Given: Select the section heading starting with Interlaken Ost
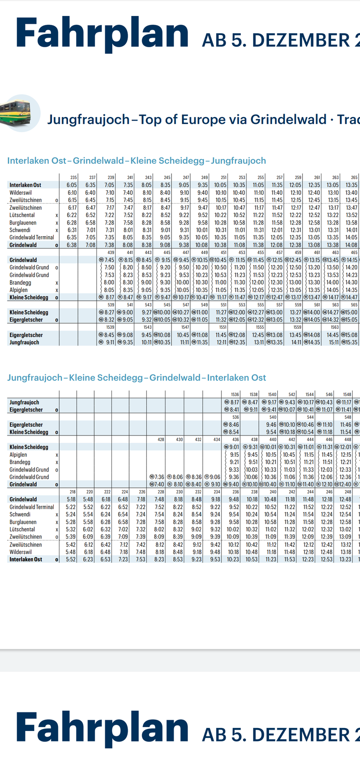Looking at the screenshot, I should click(x=136, y=161).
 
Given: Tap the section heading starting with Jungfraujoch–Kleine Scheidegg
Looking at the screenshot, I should click(x=136, y=378).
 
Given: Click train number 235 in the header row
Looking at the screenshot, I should click(x=74, y=177).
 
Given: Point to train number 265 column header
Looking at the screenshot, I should click(x=354, y=177).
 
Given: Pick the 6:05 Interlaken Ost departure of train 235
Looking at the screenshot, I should click(x=72, y=185).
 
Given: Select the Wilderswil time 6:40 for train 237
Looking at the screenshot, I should click(x=91, y=192).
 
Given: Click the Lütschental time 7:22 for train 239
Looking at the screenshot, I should click(x=110, y=215).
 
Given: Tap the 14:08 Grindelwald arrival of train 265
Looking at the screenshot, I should click(x=351, y=245).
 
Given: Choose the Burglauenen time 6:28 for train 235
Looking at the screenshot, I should click(x=72, y=222).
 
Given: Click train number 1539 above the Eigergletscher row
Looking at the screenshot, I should click(x=110, y=327).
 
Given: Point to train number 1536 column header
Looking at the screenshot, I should click(x=235, y=394).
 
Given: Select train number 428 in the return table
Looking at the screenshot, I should click(x=161, y=439).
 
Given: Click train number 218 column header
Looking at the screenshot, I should click(x=72, y=492).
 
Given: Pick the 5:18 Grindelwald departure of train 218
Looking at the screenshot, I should click(x=71, y=499).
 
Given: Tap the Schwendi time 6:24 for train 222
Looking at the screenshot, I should click(x=105, y=514).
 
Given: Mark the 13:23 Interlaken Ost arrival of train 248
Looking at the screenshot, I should click(x=345, y=559).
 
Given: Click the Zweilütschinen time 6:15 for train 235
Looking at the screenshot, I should click(x=72, y=200).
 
